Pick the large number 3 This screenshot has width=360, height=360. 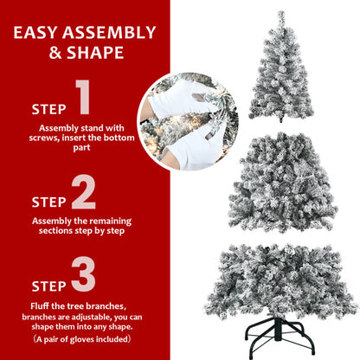pyautogui.click(x=83, y=275)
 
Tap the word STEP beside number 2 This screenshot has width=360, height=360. pyautogui.click(x=48, y=202)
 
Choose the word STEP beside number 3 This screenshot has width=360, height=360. pyautogui.click(x=48, y=286)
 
